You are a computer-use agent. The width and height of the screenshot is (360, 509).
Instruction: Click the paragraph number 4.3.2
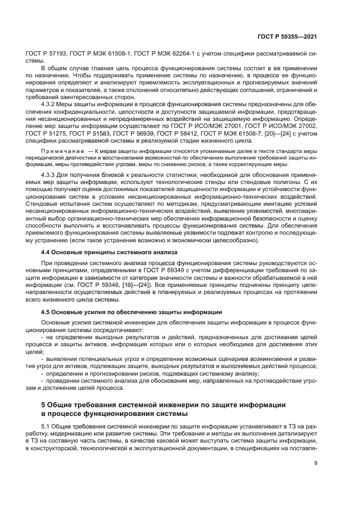[51, 103]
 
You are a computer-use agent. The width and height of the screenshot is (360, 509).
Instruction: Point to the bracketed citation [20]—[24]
[293, 132]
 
